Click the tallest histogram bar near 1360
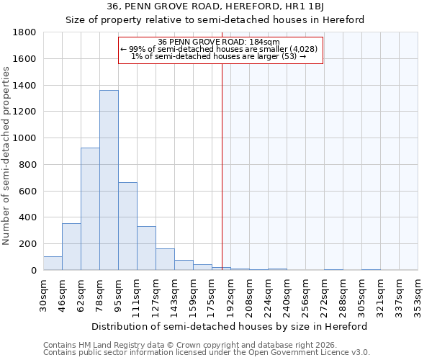(109, 180)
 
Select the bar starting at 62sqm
(90, 209)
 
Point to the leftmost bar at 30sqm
(53, 264)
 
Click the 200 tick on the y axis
(28, 244)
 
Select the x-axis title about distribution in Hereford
(230, 326)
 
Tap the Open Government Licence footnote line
(207, 353)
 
